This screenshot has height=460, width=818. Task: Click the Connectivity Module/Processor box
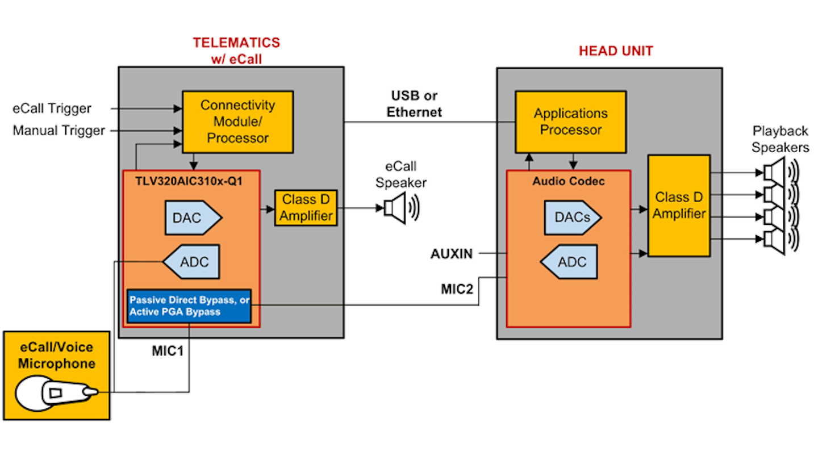237,121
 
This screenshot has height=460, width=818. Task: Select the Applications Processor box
570,122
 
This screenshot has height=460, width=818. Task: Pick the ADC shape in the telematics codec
191,262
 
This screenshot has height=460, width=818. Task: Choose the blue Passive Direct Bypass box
189,305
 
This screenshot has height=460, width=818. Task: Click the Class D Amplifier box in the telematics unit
306,208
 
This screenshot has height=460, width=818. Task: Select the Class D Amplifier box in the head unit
679,205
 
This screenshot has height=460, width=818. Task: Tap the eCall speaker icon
399,207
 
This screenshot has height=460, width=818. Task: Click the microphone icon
56,393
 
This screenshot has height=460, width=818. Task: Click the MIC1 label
168,350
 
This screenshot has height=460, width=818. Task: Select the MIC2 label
457,288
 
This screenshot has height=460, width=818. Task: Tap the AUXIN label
452,253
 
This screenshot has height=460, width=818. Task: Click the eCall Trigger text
52,108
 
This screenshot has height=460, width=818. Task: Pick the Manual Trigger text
59,131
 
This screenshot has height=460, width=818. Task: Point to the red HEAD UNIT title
616,51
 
